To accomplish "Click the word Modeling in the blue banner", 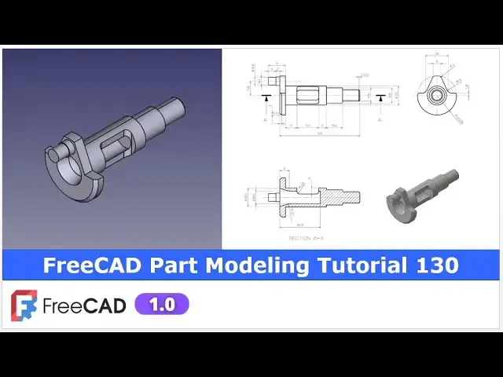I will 257,265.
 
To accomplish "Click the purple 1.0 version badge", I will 162,305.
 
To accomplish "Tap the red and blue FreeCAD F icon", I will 24,306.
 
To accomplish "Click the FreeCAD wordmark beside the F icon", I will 84,306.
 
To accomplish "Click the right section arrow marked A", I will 381,97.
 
